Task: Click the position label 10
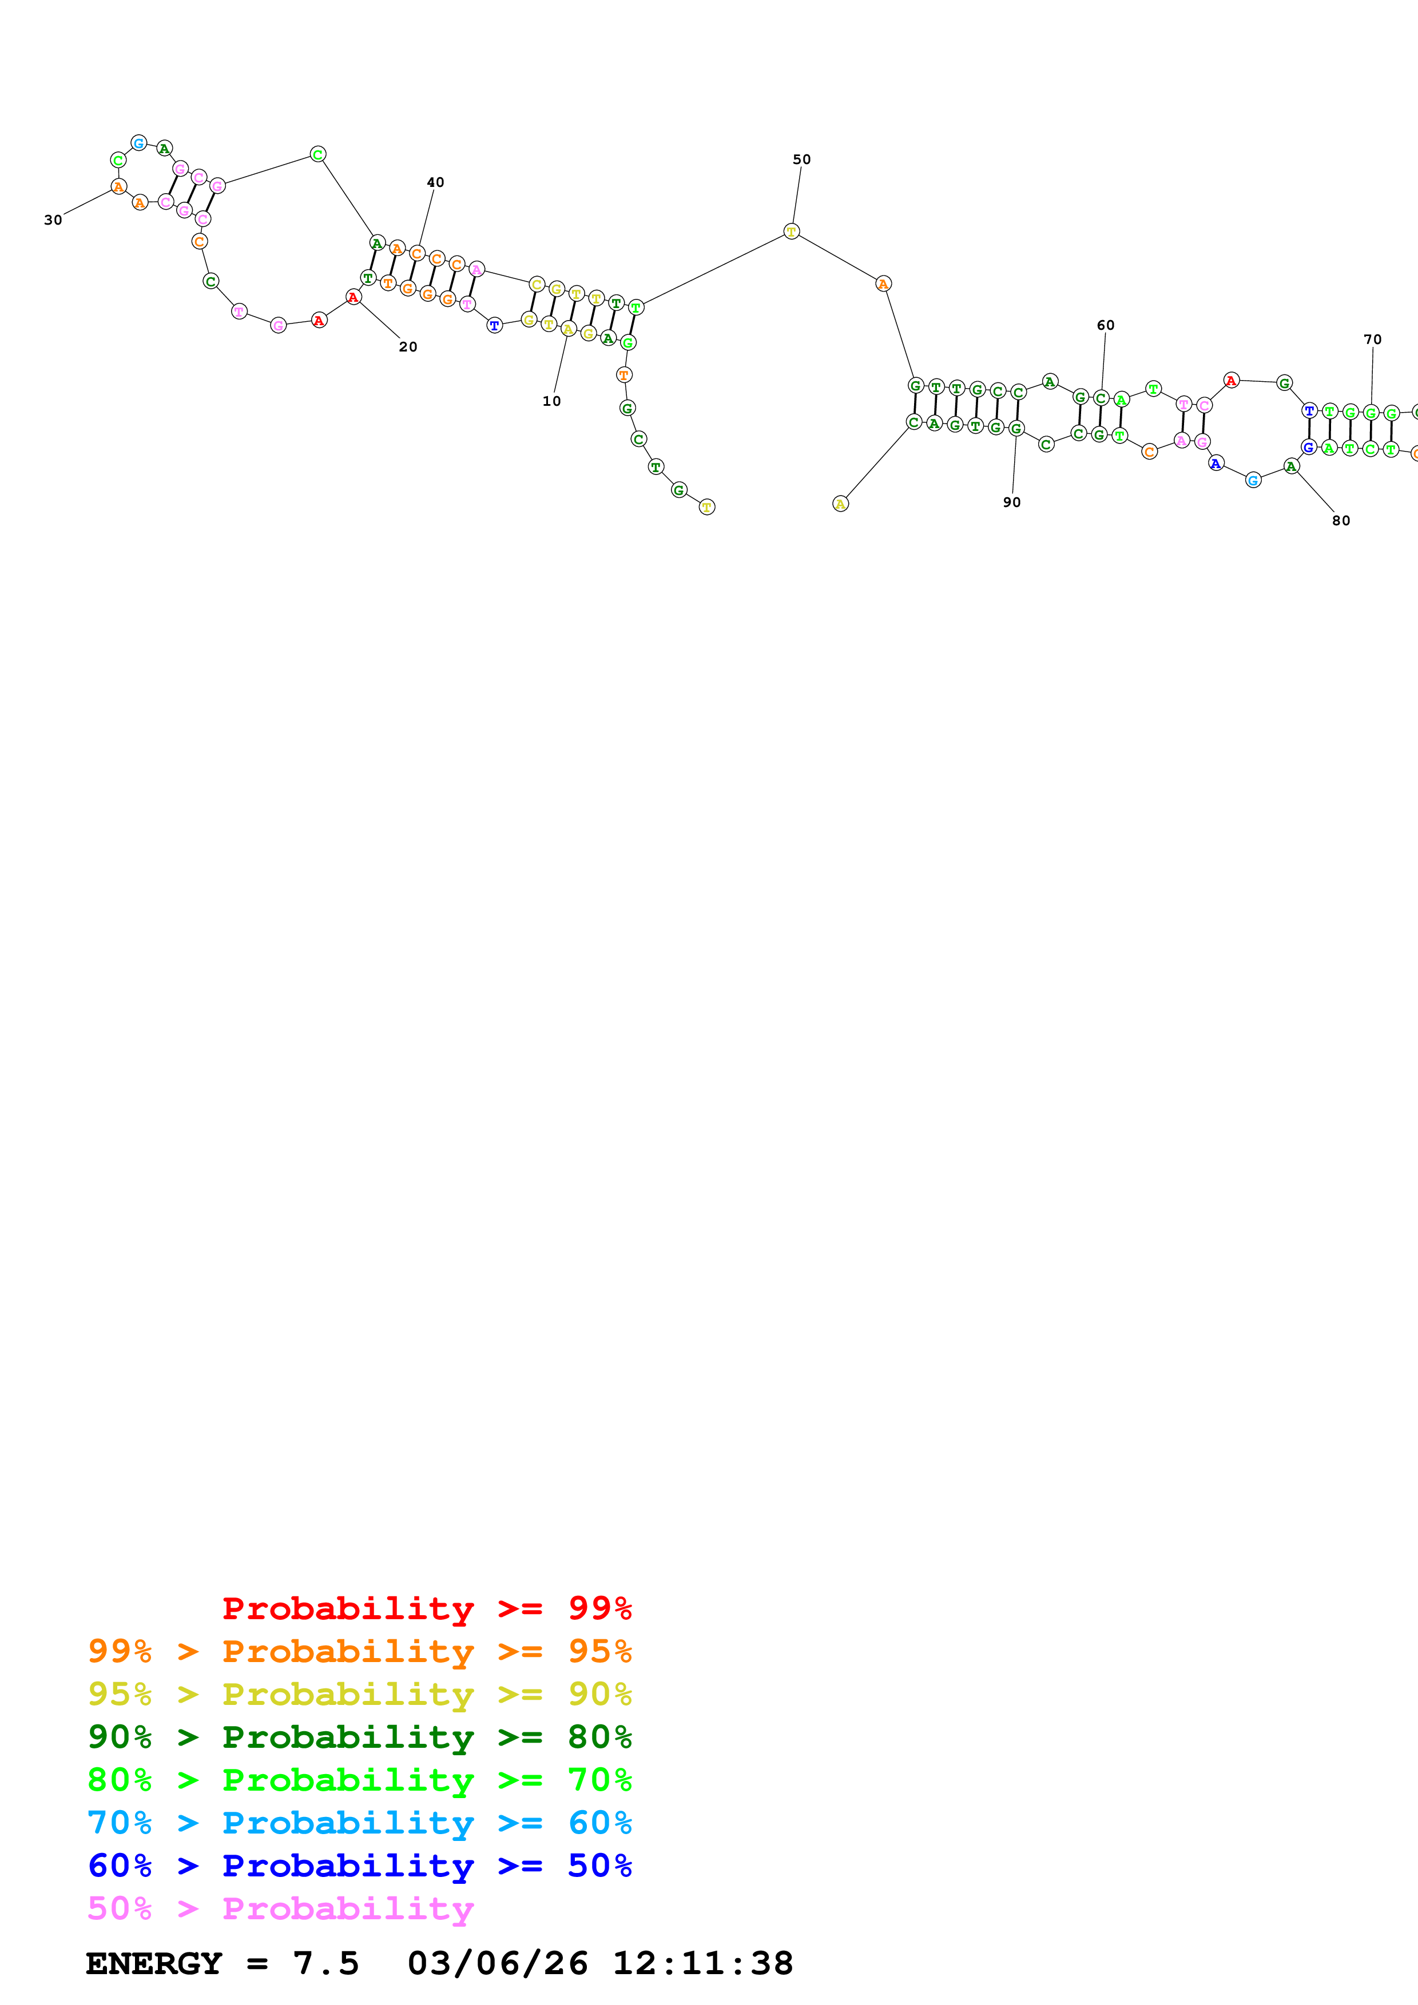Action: [551, 402]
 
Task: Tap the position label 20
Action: [408, 348]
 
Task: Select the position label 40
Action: [435, 182]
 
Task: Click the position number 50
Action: [801, 160]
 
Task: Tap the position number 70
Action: [1373, 340]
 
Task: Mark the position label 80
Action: [1340, 521]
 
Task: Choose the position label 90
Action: [1012, 503]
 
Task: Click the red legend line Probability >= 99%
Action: [426, 1608]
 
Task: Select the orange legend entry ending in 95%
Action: [359, 1651]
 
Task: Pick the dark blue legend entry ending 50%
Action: [359, 1866]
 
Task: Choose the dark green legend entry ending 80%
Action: [359, 1737]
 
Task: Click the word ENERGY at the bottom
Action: [154, 1964]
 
